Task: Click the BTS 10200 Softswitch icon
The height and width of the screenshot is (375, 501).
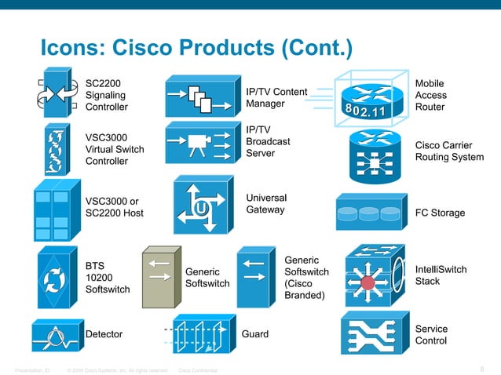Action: [57, 279]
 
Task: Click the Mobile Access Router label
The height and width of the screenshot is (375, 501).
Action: [430, 95]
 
